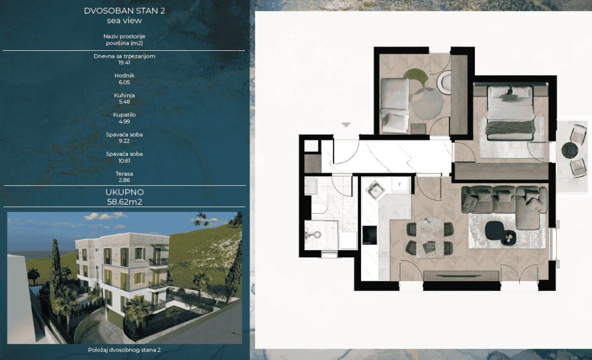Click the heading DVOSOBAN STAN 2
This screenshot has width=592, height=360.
pyautogui.click(x=124, y=11)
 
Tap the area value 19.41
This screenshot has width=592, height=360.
pyautogui.click(x=124, y=63)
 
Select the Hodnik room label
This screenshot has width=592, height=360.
pyautogui.click(x=124, y=75)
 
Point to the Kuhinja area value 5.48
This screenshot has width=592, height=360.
pyautogui.click(x=124, y=102)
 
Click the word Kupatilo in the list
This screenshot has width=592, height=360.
pyautogui.click(x=124, y=115)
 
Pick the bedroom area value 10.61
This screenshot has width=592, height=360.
pyautogui.click(x=124, y=161)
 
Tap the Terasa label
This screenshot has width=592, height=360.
pyautogui.click(x=124, y=174)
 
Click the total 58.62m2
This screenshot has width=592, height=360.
pyautogui.click(x=124, y=202)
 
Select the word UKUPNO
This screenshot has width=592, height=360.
pyautogui.click(x=124, y=192)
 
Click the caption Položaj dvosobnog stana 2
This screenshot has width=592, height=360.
pyautogui.click(x=124, y=350)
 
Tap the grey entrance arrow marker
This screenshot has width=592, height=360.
pyautogui.click(x=346, y=125)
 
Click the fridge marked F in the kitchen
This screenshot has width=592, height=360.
pyautogui.click(x=400, y=185)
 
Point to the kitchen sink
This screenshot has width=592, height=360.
pyautogui.click(x=375, y=190)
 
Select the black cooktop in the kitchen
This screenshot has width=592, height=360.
pyautogui.click(x=370, y=235)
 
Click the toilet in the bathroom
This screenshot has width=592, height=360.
pyautogui.click(x=319, y=209)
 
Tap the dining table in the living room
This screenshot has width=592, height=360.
pyautogui.click(x=430, y=238)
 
